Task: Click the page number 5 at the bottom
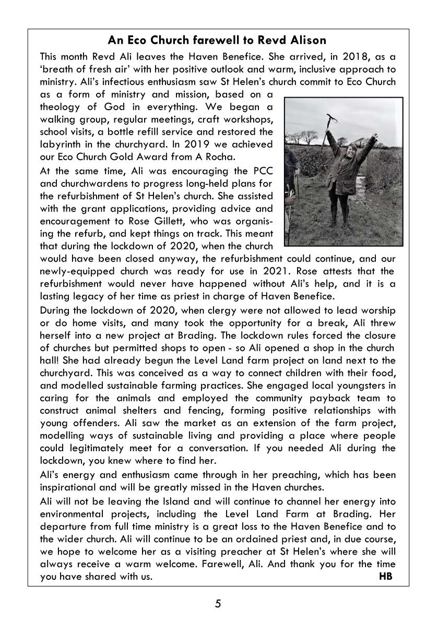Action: click(218, 604)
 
